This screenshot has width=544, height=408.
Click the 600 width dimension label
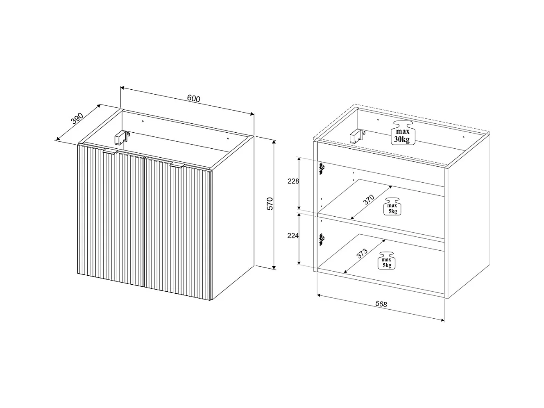(193, 98)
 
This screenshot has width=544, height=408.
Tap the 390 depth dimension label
(77, 118)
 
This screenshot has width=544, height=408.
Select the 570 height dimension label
(270, 204)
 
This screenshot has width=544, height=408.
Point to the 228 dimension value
(293, 181)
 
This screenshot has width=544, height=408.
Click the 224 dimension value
(293, 236)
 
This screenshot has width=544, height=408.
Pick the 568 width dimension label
(381, 304)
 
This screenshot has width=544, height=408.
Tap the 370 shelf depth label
(369, 199)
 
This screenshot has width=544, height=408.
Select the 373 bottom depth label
(362, 254)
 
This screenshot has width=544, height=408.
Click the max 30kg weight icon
(402, 133)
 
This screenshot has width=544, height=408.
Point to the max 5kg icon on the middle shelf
(392, 206)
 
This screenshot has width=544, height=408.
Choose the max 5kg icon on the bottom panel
(387, 261)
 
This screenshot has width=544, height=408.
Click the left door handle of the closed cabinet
(110, 152)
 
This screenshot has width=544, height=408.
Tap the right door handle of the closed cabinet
(177, 165)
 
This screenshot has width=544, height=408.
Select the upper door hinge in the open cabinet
(322, 168)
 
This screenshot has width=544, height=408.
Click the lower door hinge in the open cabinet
(322, 240)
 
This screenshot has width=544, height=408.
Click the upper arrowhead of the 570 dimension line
(274, 142)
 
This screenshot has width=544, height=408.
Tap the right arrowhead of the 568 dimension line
(443, 320)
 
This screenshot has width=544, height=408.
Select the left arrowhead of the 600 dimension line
(122, 88)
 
